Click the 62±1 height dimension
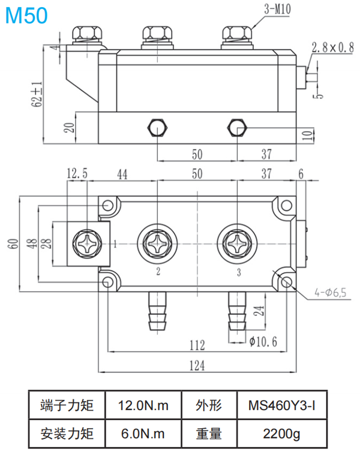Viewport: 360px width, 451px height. pyautogui.click(x=37, y=94)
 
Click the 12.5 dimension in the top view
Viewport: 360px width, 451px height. pyautogui.click(x=77, y=174)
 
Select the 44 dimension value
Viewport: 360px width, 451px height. pyautogui.click(x=122, y=174)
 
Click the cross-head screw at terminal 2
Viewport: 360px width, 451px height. pyautogui.click(x=158, y=244)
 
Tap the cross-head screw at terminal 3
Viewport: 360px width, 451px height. pyautogui.click(x=238, y=244)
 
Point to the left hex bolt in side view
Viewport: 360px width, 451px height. pyautogui.click(x=157, y=128)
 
